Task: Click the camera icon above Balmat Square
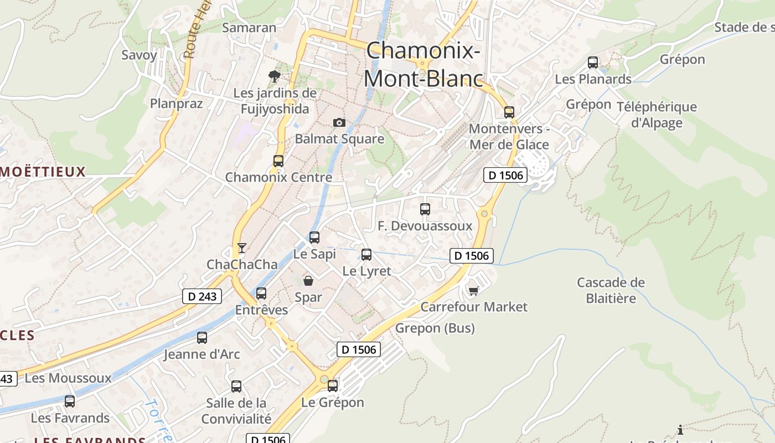(x=339, y=122)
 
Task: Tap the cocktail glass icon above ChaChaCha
(x=241, y=248)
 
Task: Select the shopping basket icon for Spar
(x=308, y=281)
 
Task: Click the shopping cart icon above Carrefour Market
(x=473, y=290)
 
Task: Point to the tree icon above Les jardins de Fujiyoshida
(x=274, y=76)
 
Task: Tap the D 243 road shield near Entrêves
(x=202, y=296)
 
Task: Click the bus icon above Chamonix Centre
(x=278, y=161)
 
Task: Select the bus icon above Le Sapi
(x=314, y=238)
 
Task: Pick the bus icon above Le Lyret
(x=366, y=255)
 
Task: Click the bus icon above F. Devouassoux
(x=425, y=209)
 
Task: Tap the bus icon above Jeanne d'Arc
(x=202, y=337)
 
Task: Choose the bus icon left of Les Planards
(x=593, y=63)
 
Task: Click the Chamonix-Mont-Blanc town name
(x=423, y=64)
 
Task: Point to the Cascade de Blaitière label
(x=611, y=290)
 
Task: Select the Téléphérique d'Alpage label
(x=657, y=115)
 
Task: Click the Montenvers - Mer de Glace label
(x=509, y=137)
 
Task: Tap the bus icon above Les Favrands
(x=70, y=401)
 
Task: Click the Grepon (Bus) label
(x=435, y=328)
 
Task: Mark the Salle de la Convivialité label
(x=236, y=411)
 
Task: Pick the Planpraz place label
(x=176, y=104)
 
